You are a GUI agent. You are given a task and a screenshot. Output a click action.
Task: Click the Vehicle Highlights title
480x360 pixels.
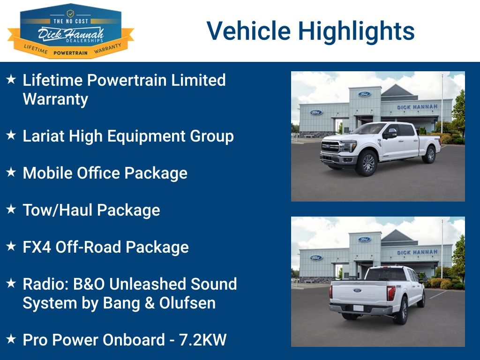tap(310, 31)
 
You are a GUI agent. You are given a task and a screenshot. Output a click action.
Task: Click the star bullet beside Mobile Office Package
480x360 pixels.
tap(11, 172)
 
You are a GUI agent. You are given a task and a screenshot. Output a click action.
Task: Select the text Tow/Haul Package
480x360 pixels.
tap(91, 210)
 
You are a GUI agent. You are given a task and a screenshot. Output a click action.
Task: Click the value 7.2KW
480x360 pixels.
tap(203, 340)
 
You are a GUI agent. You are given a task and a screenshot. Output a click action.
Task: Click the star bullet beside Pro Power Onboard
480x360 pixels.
tap(11, 339)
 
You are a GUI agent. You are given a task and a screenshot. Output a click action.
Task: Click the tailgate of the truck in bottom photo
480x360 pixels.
tap(358, 292)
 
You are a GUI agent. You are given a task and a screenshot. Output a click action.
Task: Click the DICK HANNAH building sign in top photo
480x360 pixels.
tap(417, 107)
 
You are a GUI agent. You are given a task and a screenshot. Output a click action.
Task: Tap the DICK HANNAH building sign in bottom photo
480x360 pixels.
tap(417, 253)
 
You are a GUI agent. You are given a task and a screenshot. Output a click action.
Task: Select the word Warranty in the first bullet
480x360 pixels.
tap(55, 99)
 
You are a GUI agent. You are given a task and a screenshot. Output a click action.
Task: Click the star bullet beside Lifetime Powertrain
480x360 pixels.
tap(11, 79)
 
